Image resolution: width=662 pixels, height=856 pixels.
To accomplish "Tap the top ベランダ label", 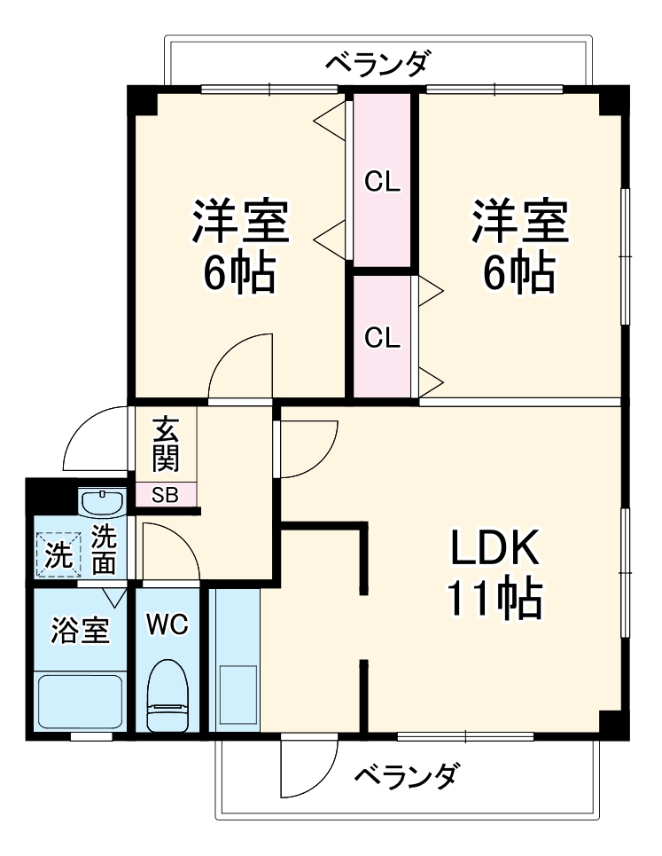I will click(x=378, y=64).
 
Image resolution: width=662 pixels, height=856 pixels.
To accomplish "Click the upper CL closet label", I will click(x=384, y=184).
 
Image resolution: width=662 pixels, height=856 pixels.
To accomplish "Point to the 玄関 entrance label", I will click(x=165, y=444).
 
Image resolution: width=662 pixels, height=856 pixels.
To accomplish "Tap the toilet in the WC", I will click(x=167, y=695).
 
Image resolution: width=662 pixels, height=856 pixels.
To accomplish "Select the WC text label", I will click(x=167, y=625).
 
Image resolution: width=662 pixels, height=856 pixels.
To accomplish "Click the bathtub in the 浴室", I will click(x=79, y=702).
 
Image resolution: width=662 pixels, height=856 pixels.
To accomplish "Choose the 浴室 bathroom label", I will click(x=80, y=631).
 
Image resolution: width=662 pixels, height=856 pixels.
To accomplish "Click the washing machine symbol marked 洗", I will click(x=58, y=555).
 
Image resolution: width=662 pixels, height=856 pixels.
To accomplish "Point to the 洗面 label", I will click(x=105, y=549).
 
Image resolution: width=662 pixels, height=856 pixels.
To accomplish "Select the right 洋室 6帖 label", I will click(x=519, y=248).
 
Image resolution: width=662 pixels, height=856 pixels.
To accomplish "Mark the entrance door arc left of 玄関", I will click(x=96, y=439).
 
